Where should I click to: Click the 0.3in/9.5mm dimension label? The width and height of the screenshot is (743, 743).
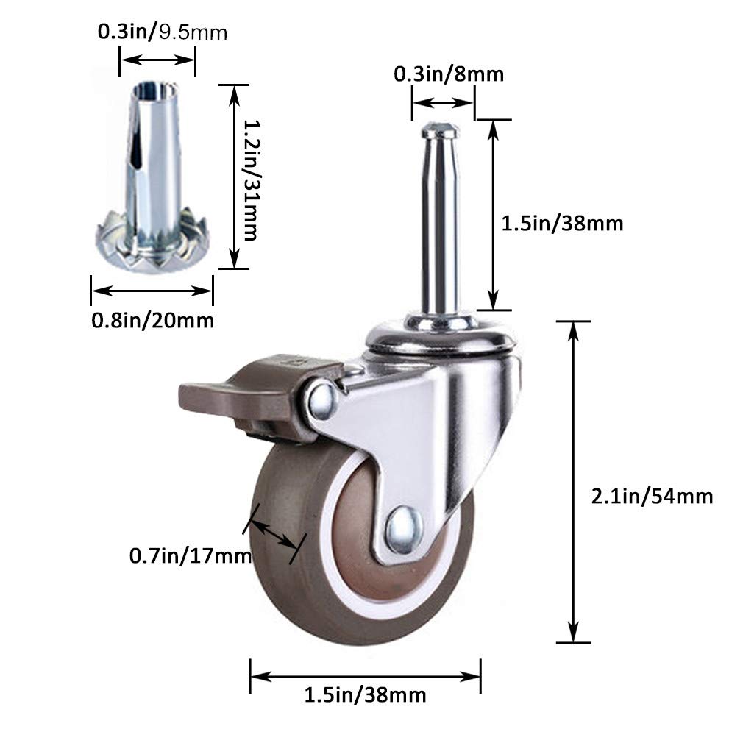tap(163, 32)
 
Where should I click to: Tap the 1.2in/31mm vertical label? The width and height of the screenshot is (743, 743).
tap(251, 179)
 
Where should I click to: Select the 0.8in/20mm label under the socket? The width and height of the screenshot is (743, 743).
tap(152, 321)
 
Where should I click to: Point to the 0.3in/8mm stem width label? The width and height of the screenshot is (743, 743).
tap(449, 74)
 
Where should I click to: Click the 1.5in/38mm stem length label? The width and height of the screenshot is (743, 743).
tap(562, 224)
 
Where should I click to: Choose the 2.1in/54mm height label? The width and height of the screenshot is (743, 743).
tap(652, 497)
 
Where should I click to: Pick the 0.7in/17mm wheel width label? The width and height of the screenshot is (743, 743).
tap(190, 556)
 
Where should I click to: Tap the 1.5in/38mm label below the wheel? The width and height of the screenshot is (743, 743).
tap(365, 695)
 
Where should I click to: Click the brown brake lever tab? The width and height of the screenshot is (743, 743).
tap(208, 398)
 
